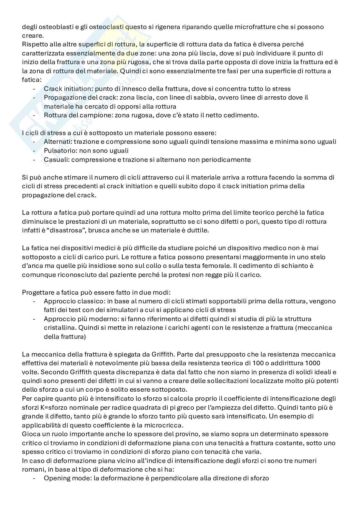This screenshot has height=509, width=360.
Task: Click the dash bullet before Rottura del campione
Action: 34,115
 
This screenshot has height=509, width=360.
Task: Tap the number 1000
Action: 326,363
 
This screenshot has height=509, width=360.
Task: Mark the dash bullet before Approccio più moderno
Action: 34,319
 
